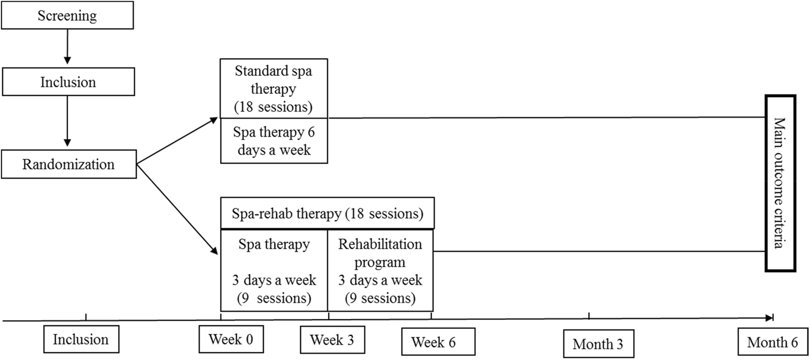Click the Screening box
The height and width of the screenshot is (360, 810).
67,16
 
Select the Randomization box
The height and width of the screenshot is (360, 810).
69,164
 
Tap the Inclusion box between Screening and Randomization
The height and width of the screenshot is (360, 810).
68,82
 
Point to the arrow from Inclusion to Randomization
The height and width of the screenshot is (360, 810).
67,121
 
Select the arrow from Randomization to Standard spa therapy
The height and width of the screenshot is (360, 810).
177,140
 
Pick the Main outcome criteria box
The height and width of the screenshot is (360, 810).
780,183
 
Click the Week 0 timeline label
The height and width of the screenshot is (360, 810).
231,339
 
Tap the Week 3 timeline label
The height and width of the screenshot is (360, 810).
332,340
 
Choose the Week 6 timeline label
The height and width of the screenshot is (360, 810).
438,342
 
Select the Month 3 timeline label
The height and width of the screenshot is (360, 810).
598,344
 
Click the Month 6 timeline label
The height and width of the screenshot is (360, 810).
772,342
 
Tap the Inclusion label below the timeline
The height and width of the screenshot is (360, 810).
81,339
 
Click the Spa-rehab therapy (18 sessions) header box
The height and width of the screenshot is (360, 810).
327,214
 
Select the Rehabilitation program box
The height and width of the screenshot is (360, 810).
380,270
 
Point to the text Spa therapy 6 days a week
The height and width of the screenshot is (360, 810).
274,141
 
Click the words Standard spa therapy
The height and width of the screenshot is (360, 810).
274,80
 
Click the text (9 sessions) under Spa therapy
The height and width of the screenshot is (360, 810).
274,298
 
